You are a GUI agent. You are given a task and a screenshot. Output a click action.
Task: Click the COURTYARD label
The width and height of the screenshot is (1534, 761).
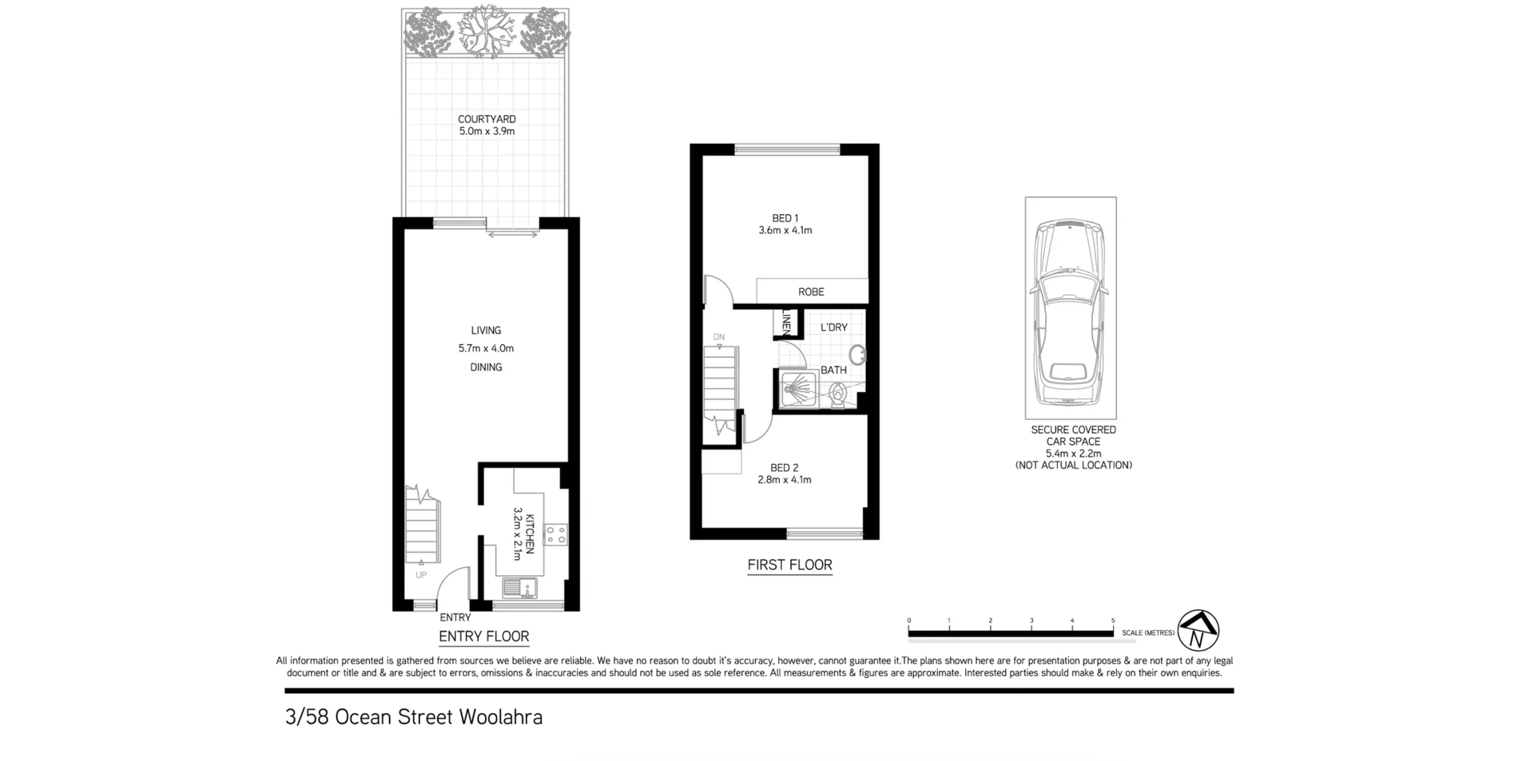(x=486, y=119)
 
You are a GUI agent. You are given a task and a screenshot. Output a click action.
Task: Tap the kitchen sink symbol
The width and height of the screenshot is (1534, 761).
(x=519, y=589)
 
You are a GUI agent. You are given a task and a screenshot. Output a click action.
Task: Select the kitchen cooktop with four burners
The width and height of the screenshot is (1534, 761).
(x=555, y=534)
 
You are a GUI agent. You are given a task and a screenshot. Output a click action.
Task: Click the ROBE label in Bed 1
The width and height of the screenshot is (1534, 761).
(x=811, y=292)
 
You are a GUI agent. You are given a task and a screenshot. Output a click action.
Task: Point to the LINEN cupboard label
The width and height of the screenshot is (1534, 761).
(x=786, y=323)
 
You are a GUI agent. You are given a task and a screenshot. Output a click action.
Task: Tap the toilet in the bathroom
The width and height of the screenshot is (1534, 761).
(x=838, y=394)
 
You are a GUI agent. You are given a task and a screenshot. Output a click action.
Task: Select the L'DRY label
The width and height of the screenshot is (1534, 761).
(x=833, y=327)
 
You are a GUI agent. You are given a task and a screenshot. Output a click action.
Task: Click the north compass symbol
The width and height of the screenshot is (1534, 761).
(x=1198, y=631)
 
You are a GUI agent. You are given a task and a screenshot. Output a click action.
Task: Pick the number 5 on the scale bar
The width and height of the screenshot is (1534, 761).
(x=1112, y=620)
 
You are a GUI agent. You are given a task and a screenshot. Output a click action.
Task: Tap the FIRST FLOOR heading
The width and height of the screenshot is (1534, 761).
(x=789, y=565)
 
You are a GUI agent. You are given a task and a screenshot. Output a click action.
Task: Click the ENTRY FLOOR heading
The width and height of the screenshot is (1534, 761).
(x=483, y=636)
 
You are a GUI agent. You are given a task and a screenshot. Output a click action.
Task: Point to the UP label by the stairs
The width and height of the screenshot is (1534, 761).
(x=421, y=575)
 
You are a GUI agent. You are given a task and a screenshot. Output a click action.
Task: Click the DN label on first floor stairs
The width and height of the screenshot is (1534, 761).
(x=719, y=337)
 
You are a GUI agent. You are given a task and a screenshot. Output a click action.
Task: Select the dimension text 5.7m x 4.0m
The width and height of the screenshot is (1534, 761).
(x=486, y=349)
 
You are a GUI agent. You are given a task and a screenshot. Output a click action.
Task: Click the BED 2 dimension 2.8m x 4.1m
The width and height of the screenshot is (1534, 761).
(x=784, y=480)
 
